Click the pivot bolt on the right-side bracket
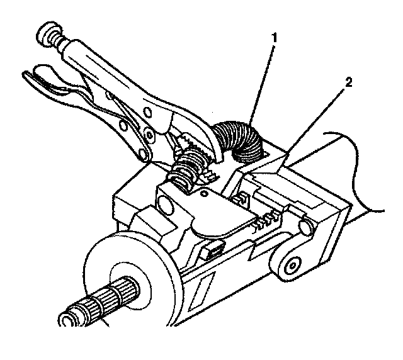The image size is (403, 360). (x=291, y=267)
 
